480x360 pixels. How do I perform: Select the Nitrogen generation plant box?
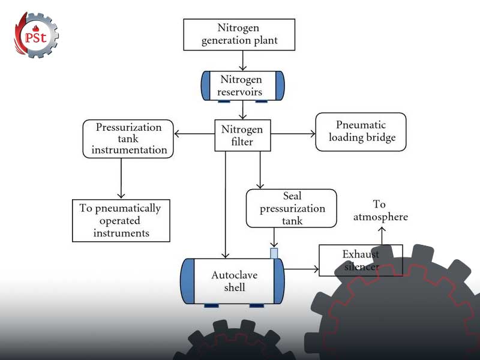tap(239, 34)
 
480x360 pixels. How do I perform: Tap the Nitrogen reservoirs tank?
tap(242, 86)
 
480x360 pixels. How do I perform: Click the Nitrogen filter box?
tap(242, 136)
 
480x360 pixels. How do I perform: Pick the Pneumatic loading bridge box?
tap(361, 132)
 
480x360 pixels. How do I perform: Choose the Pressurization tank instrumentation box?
tap(128, 139)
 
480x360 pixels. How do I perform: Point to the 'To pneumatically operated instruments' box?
tap(120, 220)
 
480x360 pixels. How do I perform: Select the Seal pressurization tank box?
tap(291, 209)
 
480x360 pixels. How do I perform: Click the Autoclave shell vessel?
tap(232, 281)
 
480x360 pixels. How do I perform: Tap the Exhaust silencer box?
tap(360, 260)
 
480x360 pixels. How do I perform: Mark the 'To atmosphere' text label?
tap(380, 211)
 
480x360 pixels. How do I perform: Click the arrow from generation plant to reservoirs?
tap(242, 60)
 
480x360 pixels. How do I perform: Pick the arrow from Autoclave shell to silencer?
tap(301, 269)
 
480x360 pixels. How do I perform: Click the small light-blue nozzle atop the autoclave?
tap(274, 253)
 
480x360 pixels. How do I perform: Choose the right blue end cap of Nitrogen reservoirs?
tap(280, 86)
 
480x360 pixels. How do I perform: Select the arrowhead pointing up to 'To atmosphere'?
tap(381, 227)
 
